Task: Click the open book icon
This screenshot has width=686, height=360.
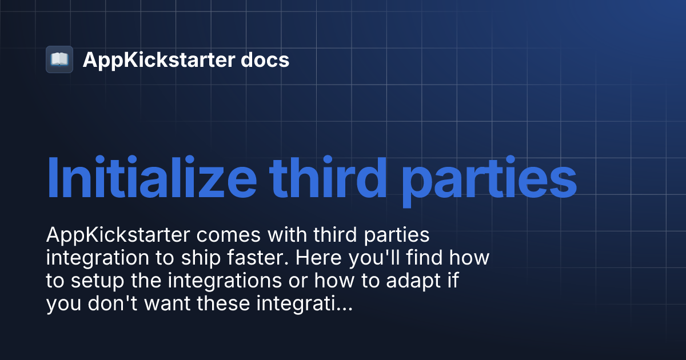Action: pyautogui.click(x=59, y=59)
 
